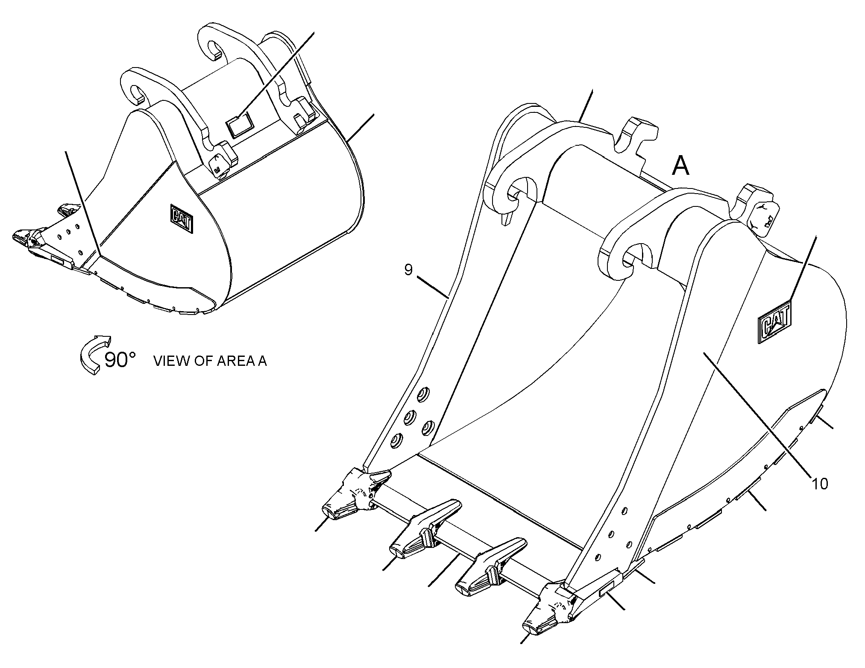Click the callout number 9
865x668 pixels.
tap(408, 271)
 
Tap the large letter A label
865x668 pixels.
tap(681, 166)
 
